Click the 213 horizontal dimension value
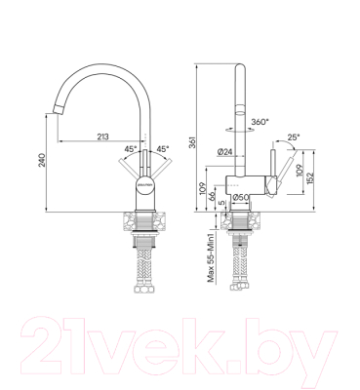coord(102,136)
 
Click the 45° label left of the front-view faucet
coord(129,149)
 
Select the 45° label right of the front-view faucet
coord(163,149)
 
